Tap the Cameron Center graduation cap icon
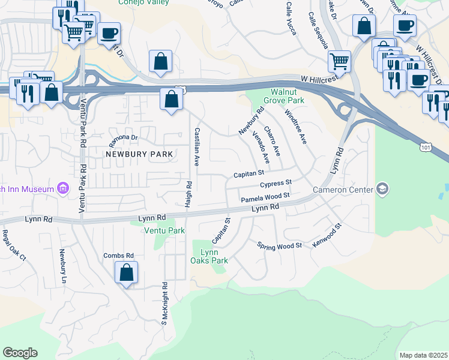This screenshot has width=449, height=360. [382, 190]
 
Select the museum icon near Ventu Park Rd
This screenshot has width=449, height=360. [63, 190]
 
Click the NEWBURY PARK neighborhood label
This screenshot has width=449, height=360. [139, 154]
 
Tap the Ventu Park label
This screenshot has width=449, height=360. [164, 230]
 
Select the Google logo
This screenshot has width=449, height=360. [20, 353]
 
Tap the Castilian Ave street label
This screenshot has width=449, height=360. [196, 146]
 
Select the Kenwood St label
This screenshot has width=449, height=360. [327, 236]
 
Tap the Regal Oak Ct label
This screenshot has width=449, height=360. [14, 245]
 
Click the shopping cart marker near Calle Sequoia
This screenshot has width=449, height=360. [340, 61]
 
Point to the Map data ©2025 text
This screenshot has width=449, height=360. [423, 355]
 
